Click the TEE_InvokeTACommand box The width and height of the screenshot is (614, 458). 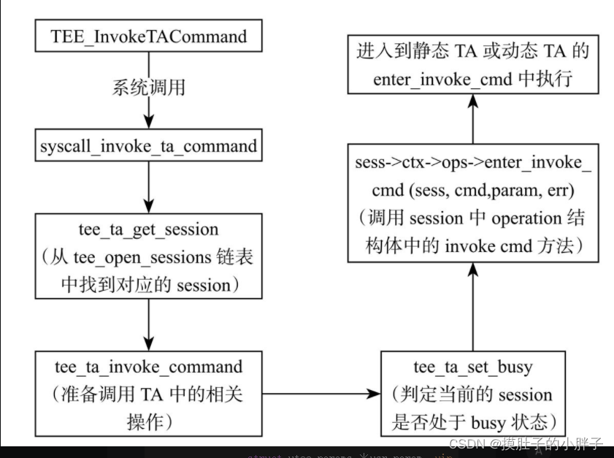coord(149,36)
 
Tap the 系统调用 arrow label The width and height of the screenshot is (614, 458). coord(148,88)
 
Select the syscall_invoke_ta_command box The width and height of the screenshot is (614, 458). coord(148,146)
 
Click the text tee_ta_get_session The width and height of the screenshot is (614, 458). coord(147,229)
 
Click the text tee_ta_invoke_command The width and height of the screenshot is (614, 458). coord(148,366)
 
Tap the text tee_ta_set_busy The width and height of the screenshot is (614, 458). coord(472,367)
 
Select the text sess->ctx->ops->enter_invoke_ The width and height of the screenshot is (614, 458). coord(472,162)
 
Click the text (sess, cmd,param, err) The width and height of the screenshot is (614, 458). coord(487,190)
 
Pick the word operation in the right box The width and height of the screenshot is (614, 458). coord(526,218)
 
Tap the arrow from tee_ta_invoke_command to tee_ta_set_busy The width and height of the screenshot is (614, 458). coord(321,394)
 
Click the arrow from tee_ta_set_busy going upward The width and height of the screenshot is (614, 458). coord(472,307)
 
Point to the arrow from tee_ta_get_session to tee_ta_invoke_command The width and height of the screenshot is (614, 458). coord(148,323)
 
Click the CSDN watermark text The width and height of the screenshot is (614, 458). coord(526,443)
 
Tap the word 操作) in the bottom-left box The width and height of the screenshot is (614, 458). coord(148,421)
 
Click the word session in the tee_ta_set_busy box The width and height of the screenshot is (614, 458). coord(520,394)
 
